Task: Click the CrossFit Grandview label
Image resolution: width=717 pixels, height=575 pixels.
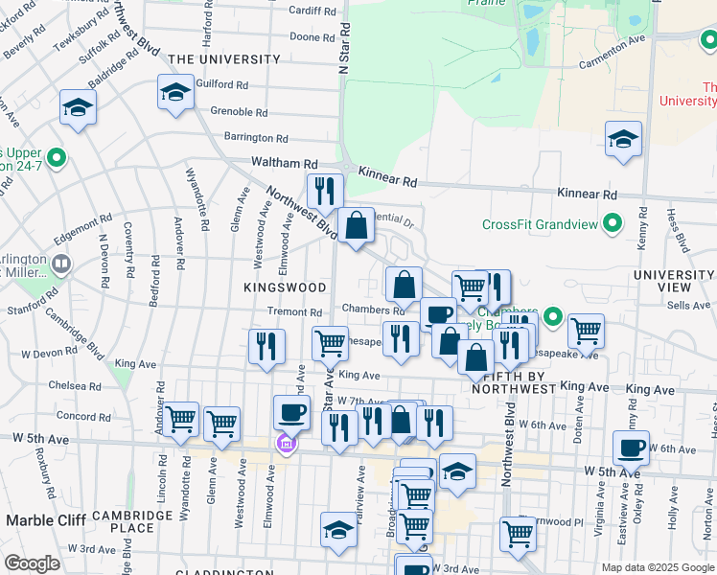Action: click(x=539, y=225)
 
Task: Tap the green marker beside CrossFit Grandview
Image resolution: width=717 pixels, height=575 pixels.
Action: click(x=611, y=225)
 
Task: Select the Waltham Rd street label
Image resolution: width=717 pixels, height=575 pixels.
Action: click(x=285, y=164)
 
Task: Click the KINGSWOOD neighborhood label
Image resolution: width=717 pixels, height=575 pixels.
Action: click(x=285, y=287)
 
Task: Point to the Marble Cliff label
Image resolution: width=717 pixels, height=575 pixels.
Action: click(x=46, y=519)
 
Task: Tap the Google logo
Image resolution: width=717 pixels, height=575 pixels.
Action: click(x=32, y=563)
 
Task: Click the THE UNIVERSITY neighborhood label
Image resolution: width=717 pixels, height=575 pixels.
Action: click(x=223, y=59)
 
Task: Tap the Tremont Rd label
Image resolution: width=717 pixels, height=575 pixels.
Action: click(x=294, y=312)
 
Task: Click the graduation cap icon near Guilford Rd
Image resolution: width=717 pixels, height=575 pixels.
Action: click(x=175, y=93)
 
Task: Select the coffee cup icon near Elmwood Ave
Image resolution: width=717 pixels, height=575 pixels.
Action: click(x=292, y=412)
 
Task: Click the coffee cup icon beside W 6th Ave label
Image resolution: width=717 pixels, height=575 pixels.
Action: click(x=632, y=448)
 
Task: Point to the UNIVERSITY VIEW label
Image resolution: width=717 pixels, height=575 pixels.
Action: click(x=675, y=282)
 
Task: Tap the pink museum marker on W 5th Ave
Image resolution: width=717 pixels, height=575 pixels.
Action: click(x=285, y=445)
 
